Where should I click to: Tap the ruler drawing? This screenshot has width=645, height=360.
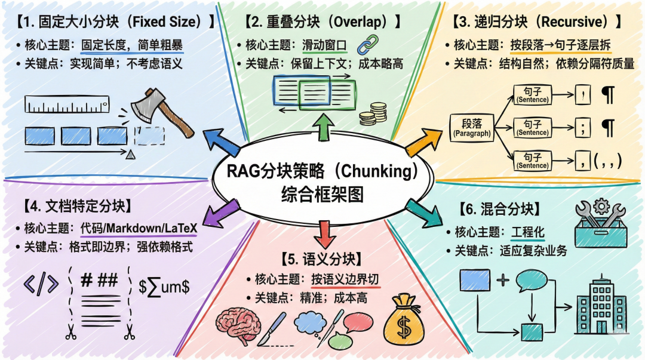click(67, 104)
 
